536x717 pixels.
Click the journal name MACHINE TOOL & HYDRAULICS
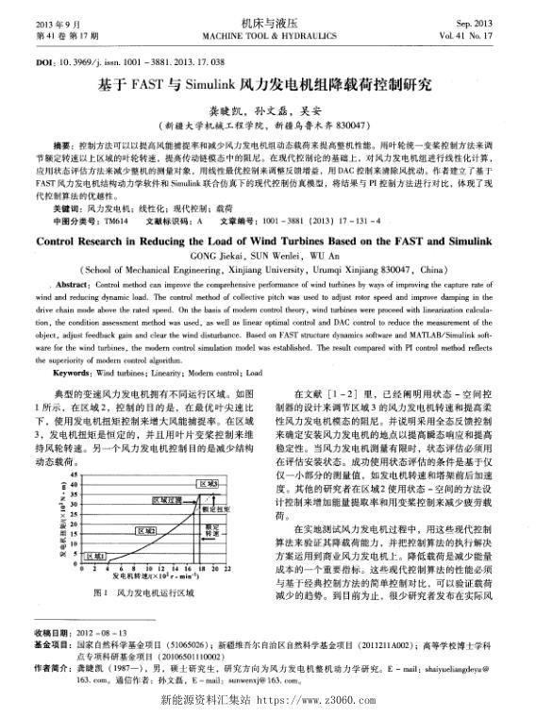[267, 36]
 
